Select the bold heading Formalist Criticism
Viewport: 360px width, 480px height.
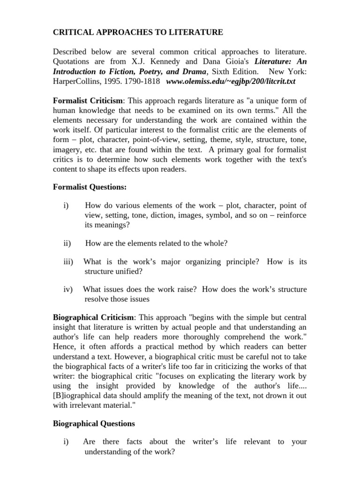coord(88,100)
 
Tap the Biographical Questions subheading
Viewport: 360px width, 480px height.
coord(94,423)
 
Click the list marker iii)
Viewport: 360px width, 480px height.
coord(68,262)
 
